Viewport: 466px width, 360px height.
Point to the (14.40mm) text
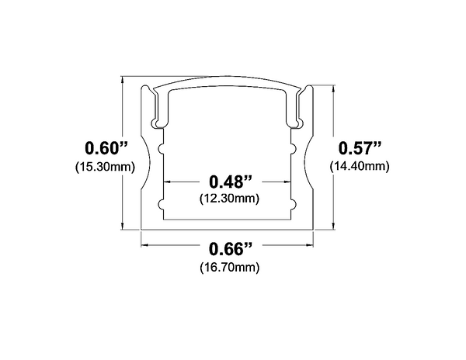[x=359, y=166]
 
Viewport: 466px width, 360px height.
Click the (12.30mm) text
[x=231, y=199]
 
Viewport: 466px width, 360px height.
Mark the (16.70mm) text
[x=231, y=268]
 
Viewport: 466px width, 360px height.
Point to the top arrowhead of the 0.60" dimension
[x=125, y=80]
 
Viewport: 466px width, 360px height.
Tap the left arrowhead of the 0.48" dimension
[x=166, y=182]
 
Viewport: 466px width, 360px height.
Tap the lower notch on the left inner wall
[x=162, y=206]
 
